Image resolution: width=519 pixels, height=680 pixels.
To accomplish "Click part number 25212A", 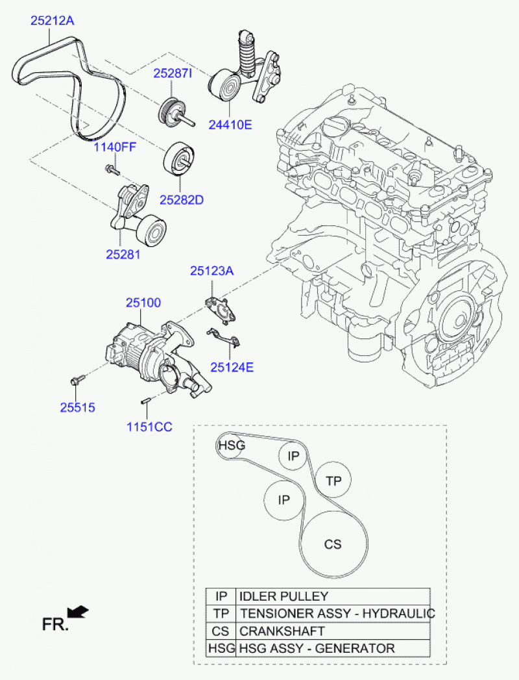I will tap(53, 21).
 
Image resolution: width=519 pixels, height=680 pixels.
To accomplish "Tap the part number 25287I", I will tap(173, 74).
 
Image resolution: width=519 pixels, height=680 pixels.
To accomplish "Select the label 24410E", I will tap(230, 124).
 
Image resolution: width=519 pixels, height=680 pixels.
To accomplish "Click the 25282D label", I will tap(182, 199).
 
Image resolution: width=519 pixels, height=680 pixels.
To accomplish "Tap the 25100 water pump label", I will tap(143, 303).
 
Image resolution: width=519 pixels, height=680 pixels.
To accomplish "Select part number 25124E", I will tap(232, 367).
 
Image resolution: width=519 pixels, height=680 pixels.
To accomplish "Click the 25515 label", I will tap(78, 408).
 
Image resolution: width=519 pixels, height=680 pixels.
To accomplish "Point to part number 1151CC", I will tap(149, 427).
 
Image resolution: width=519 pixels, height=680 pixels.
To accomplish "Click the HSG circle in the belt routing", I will tap(231, 446).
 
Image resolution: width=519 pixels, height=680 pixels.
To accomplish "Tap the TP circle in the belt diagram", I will tap(333, 481).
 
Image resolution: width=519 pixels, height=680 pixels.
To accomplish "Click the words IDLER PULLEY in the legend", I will tap(284, 596).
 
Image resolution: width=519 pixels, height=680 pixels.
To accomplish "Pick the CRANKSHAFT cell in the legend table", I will tap(282, 631).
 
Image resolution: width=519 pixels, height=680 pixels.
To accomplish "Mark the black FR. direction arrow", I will tap(78, 611).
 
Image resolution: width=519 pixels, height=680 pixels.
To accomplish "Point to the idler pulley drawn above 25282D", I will tap(180, 158).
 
